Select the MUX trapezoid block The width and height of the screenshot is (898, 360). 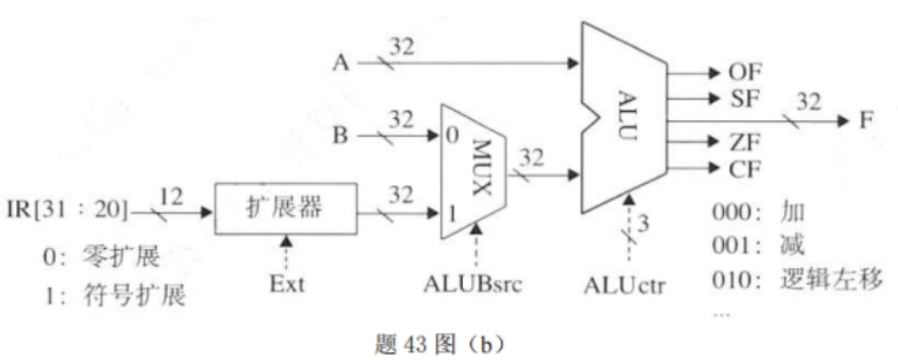pyautogui.click(x=474, y=171)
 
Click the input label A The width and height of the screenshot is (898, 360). pyautogui.click(x=340, y=63)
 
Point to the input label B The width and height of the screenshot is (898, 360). pyautogui.click(x=340, y=138)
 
